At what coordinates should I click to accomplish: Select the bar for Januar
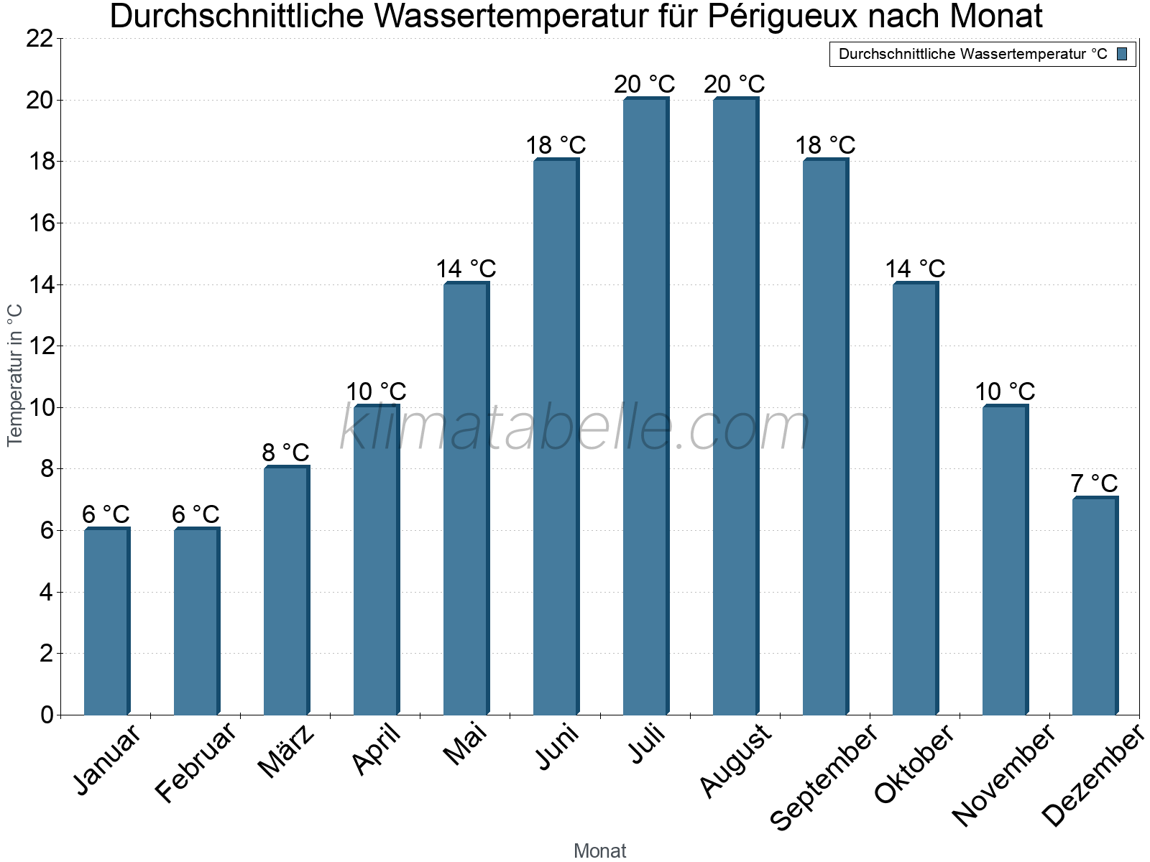[106, 621]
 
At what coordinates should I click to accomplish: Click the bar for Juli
[645, 406]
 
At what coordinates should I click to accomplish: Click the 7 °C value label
[1094, 483]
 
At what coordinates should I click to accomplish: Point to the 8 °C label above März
[285, 453]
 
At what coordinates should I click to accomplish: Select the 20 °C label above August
[735, 84]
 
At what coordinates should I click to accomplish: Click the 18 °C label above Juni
[556, 145]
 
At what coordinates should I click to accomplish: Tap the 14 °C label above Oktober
[915, 269]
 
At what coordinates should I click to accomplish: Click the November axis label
[1004, 774]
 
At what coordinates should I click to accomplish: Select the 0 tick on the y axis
[47, 715]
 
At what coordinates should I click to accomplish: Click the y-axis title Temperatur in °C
[15, 375]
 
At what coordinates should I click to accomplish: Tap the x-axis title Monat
[599, 851]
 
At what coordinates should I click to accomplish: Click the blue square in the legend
[1122, 54]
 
